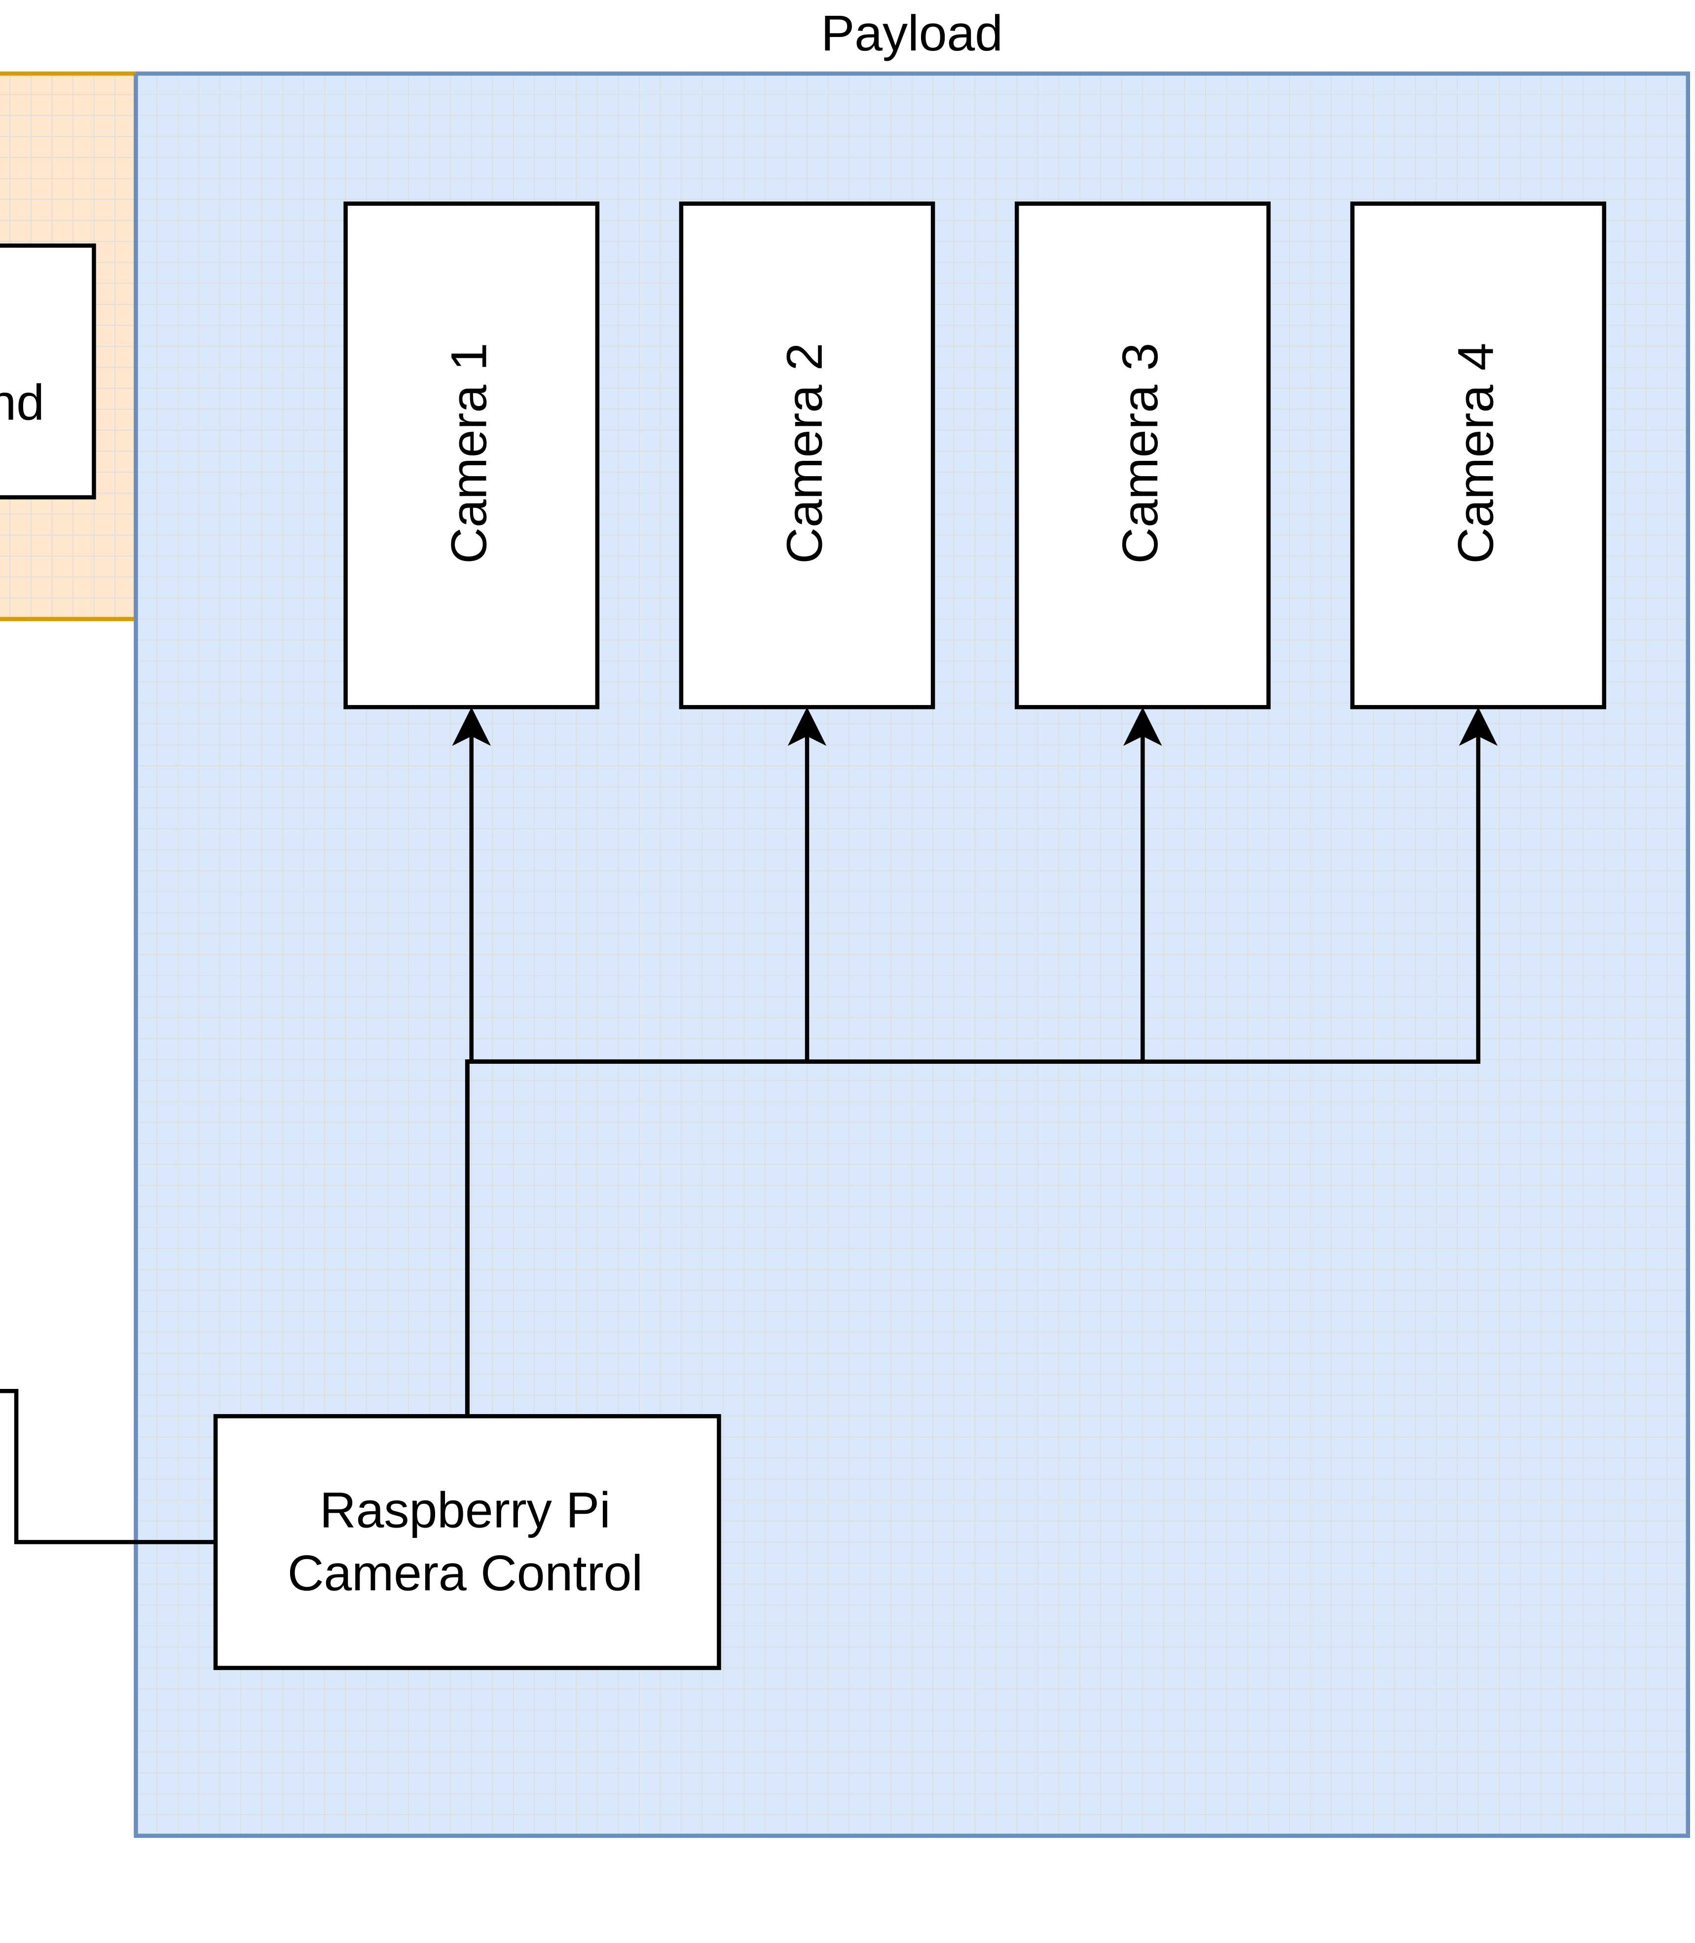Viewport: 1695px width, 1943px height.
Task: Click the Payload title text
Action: (x=911, y=35)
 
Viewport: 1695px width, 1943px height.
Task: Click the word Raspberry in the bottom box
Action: (x=435, y=1511)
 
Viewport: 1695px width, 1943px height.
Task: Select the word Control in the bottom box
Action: (x=561, y=1574)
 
